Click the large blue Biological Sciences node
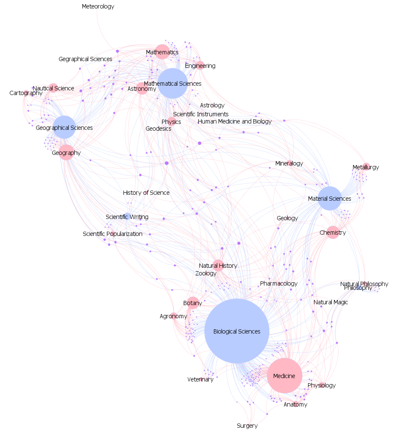pos(237,331)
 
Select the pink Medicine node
pos(284,376)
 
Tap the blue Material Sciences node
pos(329,198)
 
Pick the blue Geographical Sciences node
pos(64,127)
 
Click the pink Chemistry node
pos(333,232)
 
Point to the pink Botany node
pos(193,303)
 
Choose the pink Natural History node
pos(218,265)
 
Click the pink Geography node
pos(66,152)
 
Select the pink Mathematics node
pos(162,52)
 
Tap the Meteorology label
pos(98,6)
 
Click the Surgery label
pos(247,426)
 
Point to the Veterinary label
pos(200,379)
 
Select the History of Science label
pos(146,193)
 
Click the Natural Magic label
pos(331,302)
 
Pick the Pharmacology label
pos(279,283)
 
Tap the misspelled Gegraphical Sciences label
pos(85,59)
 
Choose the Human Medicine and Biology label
pos(235,121)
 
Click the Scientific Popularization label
pos(112,234)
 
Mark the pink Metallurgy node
pos(366,167)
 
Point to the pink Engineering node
pos(200,66)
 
